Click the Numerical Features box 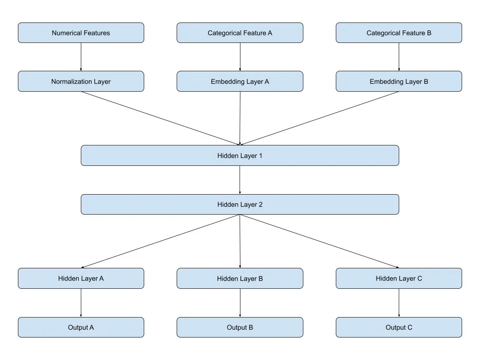[x=81, y=33]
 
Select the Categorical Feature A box [x=240, y=33]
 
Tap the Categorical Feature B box [x=399, y=33]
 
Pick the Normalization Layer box [x=81, y=82]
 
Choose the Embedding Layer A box [x=240, y=82]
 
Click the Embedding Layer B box [x=399, y=82]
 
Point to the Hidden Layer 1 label [x=240, y=156]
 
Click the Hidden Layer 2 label [x=240, y=205]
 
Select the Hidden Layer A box [x=81, y=278]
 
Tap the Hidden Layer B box [x=240, y=278]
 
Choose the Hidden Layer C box [x=399, y=278]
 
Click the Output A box [x=81, y=327]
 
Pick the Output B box [x=240, y=327]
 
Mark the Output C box [x=399, y=327]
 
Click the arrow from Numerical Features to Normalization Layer [x=81, y=57]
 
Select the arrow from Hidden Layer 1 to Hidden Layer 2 [x=240, y=180]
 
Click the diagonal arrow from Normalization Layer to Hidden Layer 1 [x=160, y=118]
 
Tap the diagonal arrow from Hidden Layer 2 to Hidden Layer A [x=160, y=241]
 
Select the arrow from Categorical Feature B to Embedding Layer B [x=399, y=57]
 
